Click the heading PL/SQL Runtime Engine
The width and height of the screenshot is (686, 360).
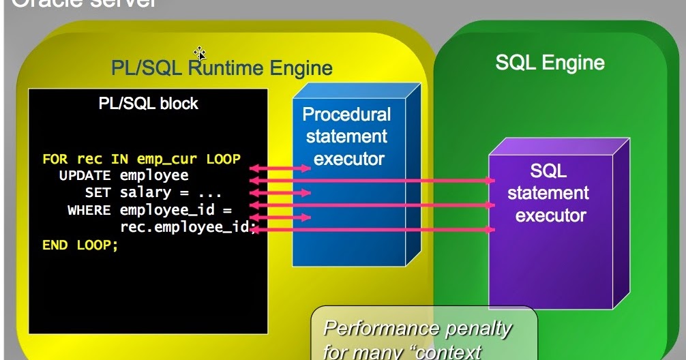pyautogui.click(x=222, y=67)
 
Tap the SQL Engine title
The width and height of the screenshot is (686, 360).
pyautogui.click(x=549, y=63)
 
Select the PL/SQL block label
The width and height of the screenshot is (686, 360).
pyautogui.click(x=148, y=104)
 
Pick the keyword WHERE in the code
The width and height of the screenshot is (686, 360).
pyautogui.click(x=89, y=210)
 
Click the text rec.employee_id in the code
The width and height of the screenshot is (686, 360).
pyautogui.click(x=184, y=228)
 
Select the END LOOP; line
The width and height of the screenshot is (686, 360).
pyautogui.click(x=80, y=245)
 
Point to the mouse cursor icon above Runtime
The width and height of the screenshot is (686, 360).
pyautogui.click(x=199, y=52)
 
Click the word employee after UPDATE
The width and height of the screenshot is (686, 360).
pyautogui.click(x=154, y=176)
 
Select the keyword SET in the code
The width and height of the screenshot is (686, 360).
pyautogui.click(x=98, y=193)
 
